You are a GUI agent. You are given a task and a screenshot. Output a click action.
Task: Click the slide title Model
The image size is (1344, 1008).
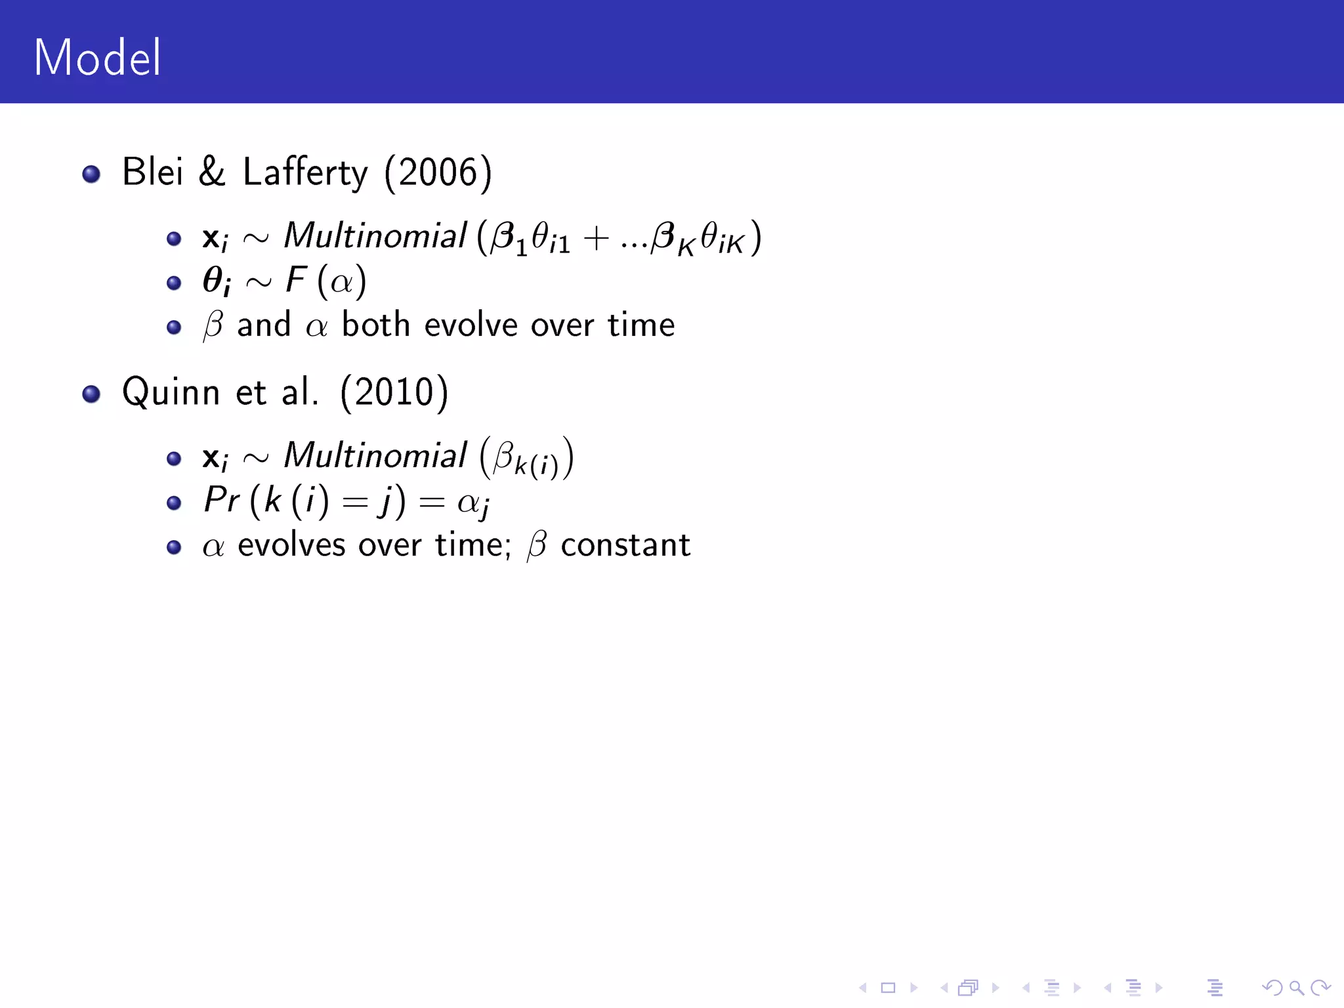[x=97, y=58]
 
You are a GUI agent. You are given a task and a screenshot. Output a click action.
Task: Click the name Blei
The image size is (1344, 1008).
[x=152, y=172]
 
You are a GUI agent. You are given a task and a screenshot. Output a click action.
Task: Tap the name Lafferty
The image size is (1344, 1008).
[x=305, y=173]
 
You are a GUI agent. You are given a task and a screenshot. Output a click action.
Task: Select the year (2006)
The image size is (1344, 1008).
[x=438, y=173]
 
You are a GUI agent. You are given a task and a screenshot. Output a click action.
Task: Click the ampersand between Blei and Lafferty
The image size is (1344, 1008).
[x=212, y=172]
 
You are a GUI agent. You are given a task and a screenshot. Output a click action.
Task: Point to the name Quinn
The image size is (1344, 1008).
[x=171, y=392]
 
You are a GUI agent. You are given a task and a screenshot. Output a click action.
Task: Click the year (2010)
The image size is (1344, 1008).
[x=394, y=392]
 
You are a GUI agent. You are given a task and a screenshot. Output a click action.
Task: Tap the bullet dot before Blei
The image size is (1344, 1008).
[x=91, y=174]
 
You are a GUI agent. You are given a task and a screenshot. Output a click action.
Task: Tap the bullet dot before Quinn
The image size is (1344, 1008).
[x=91, y=394]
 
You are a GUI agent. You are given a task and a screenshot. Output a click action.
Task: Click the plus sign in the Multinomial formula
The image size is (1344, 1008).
[x=596, y=238]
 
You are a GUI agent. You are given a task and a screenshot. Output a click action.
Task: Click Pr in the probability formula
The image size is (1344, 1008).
[x=221, y=500]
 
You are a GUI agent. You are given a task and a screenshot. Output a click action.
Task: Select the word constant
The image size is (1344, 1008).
[x=625, y=545]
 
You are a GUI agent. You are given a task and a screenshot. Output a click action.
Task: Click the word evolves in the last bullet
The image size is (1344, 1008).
[x=291, y=545]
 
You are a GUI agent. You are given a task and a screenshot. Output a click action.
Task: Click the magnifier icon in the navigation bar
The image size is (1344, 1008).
[x=1296, y=988]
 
